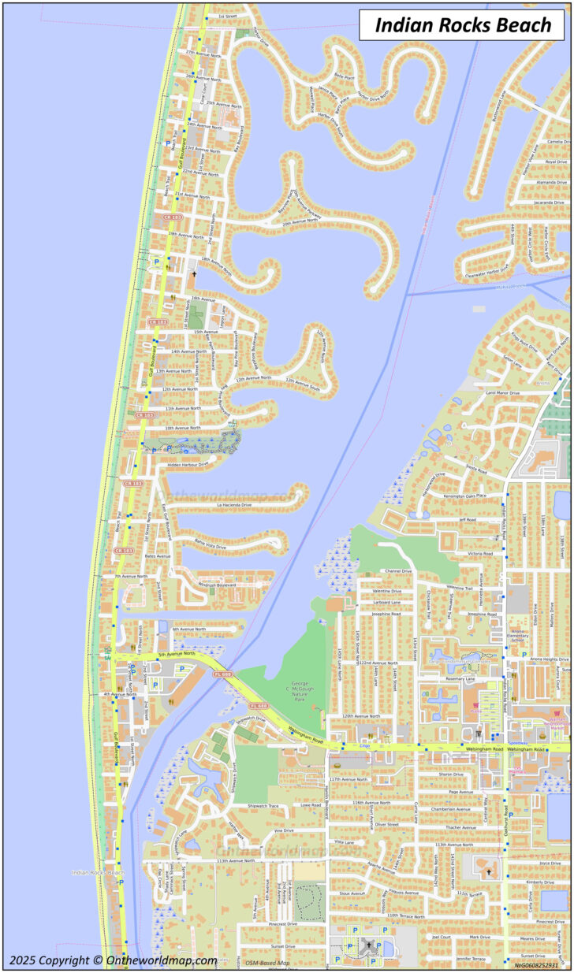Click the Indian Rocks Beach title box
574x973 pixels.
click(x=463, y=24)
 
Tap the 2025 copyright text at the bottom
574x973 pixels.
click(x=114, y=960)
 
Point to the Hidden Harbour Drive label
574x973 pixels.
click(x=188, y=465)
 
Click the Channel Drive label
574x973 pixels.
click(x=397, y=571)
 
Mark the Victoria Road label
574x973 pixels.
click(x=480, y=554)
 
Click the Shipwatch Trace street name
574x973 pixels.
click(x=263, y=806)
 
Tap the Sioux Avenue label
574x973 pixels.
click(x=352, y=893)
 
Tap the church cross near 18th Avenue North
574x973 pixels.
click(x=194, y=273)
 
